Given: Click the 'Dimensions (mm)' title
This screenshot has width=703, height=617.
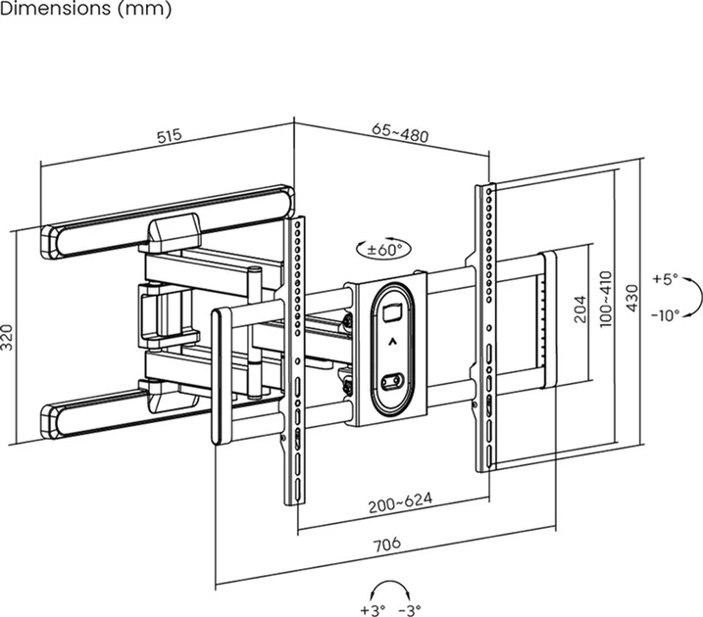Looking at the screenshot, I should (86, 10).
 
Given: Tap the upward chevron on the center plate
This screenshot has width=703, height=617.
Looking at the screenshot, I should (391, 343).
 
